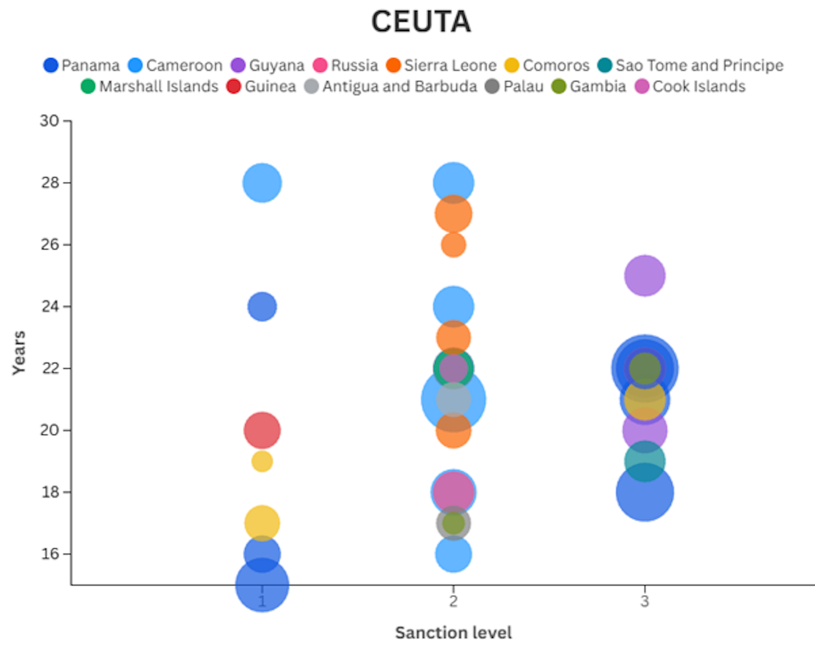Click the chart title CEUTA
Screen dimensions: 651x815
click(x=421, y=22)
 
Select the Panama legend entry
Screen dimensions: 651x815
click(x=81, y=65)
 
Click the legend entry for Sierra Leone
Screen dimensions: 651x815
click(x=441, y=65)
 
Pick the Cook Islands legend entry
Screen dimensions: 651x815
click(x=690, y=87)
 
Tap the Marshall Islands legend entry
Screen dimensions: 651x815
click(x=149, y=87)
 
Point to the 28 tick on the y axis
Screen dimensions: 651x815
click(x=50, y=183)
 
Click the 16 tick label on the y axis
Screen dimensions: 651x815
click(x=50, y=554)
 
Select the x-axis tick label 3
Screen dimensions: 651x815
click(x=644, y=601)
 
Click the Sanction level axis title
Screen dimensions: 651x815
click(x=453, y=633)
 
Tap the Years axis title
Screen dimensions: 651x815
click(x=19, y=353)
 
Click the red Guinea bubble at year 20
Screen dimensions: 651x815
click(x=262, y=430)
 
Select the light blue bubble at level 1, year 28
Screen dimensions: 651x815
click(x=262, y=183)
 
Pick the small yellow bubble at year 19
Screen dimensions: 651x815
click(x=262, y=461)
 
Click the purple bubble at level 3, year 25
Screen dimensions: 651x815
click(x=644, y=275)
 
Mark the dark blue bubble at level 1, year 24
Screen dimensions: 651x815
click(x=262, y=306)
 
